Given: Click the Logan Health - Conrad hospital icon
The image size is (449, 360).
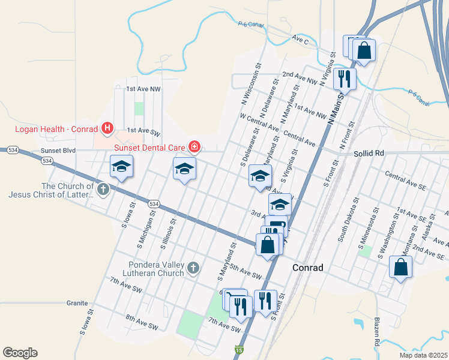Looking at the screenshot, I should click(x=107, y=127).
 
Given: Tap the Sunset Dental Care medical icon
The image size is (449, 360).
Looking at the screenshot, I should click(x=194, y=146).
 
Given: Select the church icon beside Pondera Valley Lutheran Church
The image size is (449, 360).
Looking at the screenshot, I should click(x=193, y=268).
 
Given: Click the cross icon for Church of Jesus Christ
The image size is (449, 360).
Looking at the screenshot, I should click(x=103, y=190).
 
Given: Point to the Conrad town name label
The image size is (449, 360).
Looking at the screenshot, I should click(x=308, y=268).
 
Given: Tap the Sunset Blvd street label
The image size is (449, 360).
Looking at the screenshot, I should click(x=58, y=151).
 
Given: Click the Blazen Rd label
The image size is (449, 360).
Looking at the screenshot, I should click(x=377, y=334).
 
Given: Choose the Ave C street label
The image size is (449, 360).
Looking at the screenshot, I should click(x=300, y=40).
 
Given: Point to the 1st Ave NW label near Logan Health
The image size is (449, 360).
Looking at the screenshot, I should click(x=143, y=89).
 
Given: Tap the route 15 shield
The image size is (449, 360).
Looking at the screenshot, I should click(x=240, y=350).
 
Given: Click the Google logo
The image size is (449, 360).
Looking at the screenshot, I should click(x=20, y=353).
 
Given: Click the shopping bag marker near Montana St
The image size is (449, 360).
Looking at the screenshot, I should click(x=400, y=266).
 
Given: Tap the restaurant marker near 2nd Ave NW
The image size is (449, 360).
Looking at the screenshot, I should click(x=345, y=77).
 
